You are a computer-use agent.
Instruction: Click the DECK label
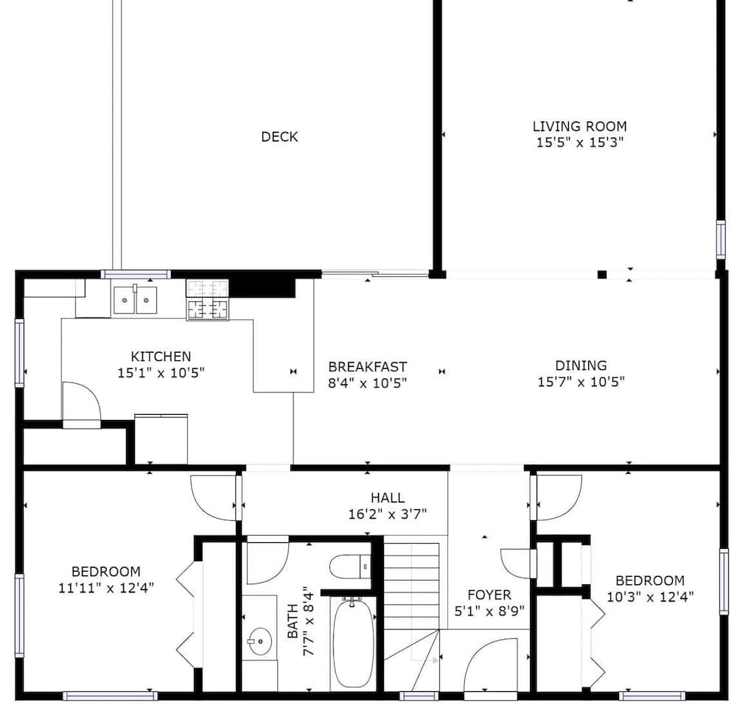(x=279, y=137)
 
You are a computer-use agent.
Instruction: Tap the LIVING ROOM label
(x=580, y=127)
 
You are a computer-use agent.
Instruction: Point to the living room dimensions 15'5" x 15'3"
(x=580, y=143)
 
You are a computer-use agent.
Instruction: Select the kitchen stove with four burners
(x=208, y=300)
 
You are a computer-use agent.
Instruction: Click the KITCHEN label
(x=161, y=357)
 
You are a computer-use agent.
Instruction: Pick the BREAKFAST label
(x=367, y=366)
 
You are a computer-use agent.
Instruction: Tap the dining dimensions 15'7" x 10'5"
(x=581, y=382)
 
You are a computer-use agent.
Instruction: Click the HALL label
(x=387, y=498)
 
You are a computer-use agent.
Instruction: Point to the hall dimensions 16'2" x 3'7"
(x=387, y=514)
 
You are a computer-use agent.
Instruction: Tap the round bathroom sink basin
(x=259, y=641)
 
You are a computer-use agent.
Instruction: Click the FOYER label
(x=489, y=595)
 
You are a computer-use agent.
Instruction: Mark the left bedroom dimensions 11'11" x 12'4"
(x=106, y=587)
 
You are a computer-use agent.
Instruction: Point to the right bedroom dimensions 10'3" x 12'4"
(x=650, y=596)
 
